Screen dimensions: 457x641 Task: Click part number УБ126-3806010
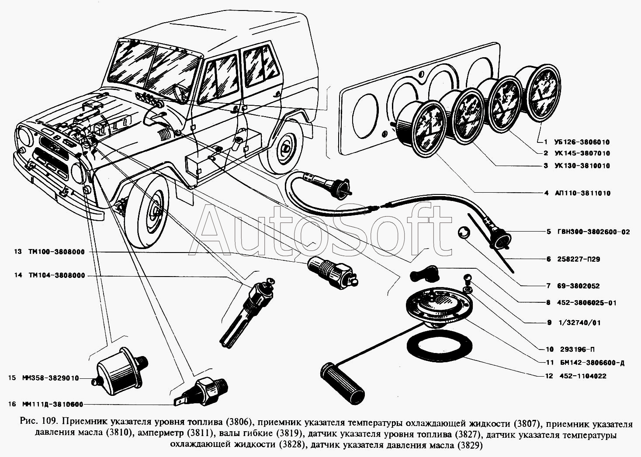tap(582, 142)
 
